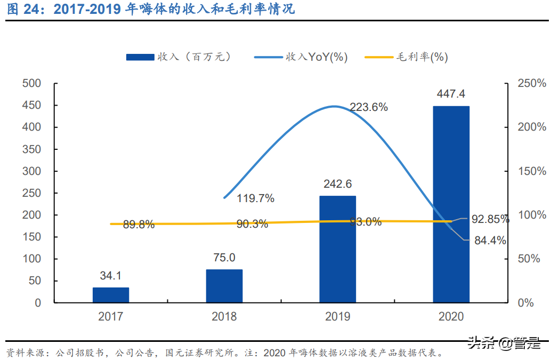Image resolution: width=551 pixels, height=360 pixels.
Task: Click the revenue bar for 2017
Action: point(111,295)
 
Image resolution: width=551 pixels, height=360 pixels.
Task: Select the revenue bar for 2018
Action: point(224,286)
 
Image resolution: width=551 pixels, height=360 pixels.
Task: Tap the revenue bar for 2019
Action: point(338,249)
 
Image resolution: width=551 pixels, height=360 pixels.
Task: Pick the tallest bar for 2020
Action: point(451,204)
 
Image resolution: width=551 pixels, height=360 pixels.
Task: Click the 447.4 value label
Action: point(451,94)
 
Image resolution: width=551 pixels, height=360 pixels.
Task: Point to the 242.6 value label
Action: point(338,184)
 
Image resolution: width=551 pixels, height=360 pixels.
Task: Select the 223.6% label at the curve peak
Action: point(369,107)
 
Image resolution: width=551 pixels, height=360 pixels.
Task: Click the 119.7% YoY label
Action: point(256,199)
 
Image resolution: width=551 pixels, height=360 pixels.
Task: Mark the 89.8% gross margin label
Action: point(139,225)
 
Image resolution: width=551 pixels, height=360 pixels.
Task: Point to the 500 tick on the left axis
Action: point(31,83)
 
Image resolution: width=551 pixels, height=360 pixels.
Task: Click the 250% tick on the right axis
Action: point(532,83)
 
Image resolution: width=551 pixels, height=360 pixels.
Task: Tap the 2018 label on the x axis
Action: point(224,316)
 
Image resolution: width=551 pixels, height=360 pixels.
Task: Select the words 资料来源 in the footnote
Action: point(23,353)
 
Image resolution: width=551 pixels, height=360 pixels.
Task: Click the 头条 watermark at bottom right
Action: point(480,344)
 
